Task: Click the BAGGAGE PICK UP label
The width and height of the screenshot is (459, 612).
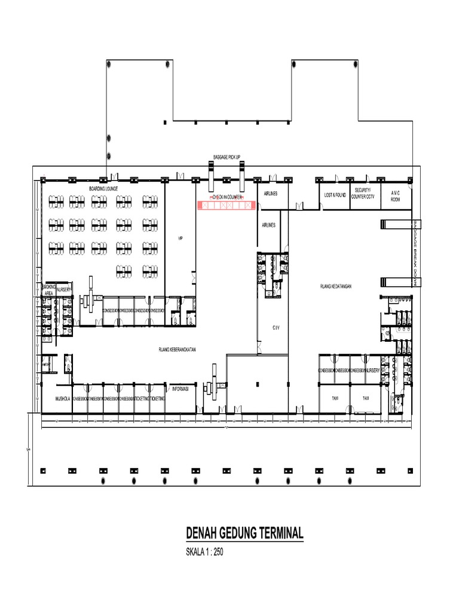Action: click(x=227, y=158)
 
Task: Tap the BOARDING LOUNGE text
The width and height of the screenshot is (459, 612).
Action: click(x=104, y=189)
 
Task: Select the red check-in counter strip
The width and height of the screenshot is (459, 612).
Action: click(x=227, y=205)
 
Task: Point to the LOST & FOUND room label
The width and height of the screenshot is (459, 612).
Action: click(x=335, y=195)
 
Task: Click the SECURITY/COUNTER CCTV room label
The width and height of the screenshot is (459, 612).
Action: click(x=363, y=193)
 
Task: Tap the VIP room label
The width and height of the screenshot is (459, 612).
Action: click(x=180, y=238)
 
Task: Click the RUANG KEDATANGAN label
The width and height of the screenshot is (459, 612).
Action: click(x=335, y=286)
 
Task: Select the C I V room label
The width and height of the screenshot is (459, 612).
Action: click(x=276, y=328)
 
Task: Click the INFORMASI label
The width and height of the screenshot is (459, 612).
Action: click(x=180, y=388)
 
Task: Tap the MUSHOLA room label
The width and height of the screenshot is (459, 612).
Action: click(x=63, y=398)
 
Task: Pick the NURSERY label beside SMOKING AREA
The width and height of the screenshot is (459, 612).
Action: click(x=64, y=289)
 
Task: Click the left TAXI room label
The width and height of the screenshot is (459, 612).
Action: click(x=335, y=397)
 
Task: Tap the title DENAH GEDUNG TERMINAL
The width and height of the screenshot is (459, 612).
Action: click(x=245, y=533)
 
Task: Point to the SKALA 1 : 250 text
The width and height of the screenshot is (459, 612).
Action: click(x=206, y=552)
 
